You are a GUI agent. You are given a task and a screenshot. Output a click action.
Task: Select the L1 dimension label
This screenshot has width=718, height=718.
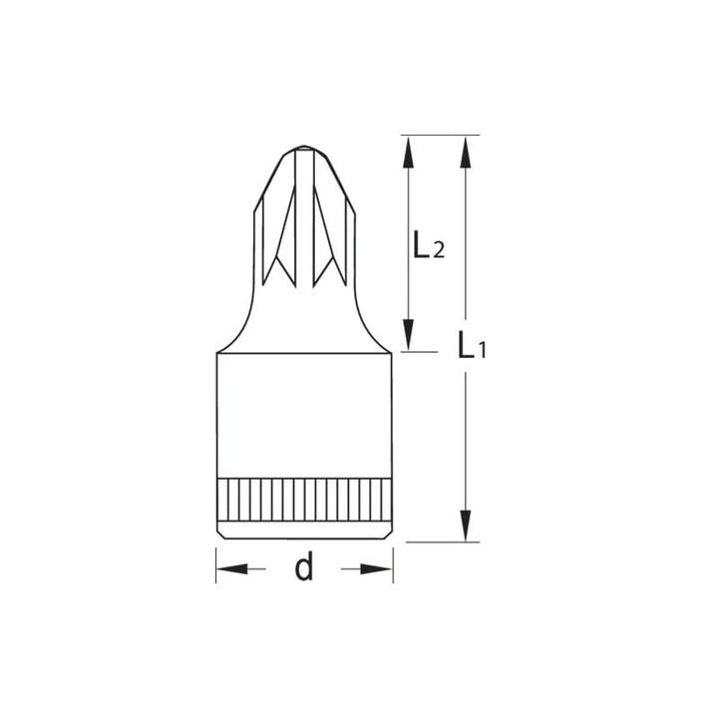(472, 346)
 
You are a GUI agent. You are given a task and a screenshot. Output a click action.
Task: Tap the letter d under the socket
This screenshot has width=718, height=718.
(303, 568)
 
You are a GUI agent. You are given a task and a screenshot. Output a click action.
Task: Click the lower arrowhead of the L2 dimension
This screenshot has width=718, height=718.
(407, 334)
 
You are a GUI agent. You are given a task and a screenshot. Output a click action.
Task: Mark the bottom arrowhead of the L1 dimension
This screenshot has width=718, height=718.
(465, 526)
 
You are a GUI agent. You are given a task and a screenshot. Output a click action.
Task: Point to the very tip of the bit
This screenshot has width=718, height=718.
(304, 149)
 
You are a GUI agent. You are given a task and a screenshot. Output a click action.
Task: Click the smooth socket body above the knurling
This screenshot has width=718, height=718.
(304, 414)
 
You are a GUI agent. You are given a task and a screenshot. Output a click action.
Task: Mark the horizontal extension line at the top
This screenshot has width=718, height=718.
(439, 135)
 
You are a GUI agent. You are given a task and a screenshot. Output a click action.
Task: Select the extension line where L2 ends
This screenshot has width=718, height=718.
(419, 351)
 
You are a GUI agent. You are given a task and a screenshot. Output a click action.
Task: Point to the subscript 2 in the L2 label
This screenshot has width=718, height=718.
(438, 251)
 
